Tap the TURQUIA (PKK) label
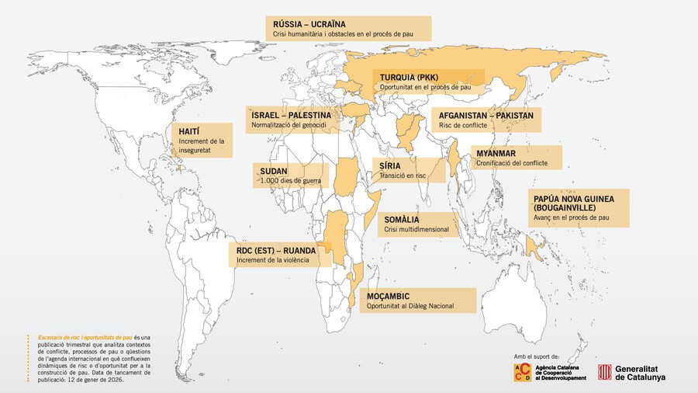[409, 78]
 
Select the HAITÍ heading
[190, 131]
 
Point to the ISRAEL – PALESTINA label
[291, 115]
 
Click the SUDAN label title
[276, 170]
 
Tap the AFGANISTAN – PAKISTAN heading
[486, 115]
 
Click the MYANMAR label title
[496, 154]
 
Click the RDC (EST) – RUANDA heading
[276, 251]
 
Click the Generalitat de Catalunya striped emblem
[604, 373]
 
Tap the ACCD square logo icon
[522, 372]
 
